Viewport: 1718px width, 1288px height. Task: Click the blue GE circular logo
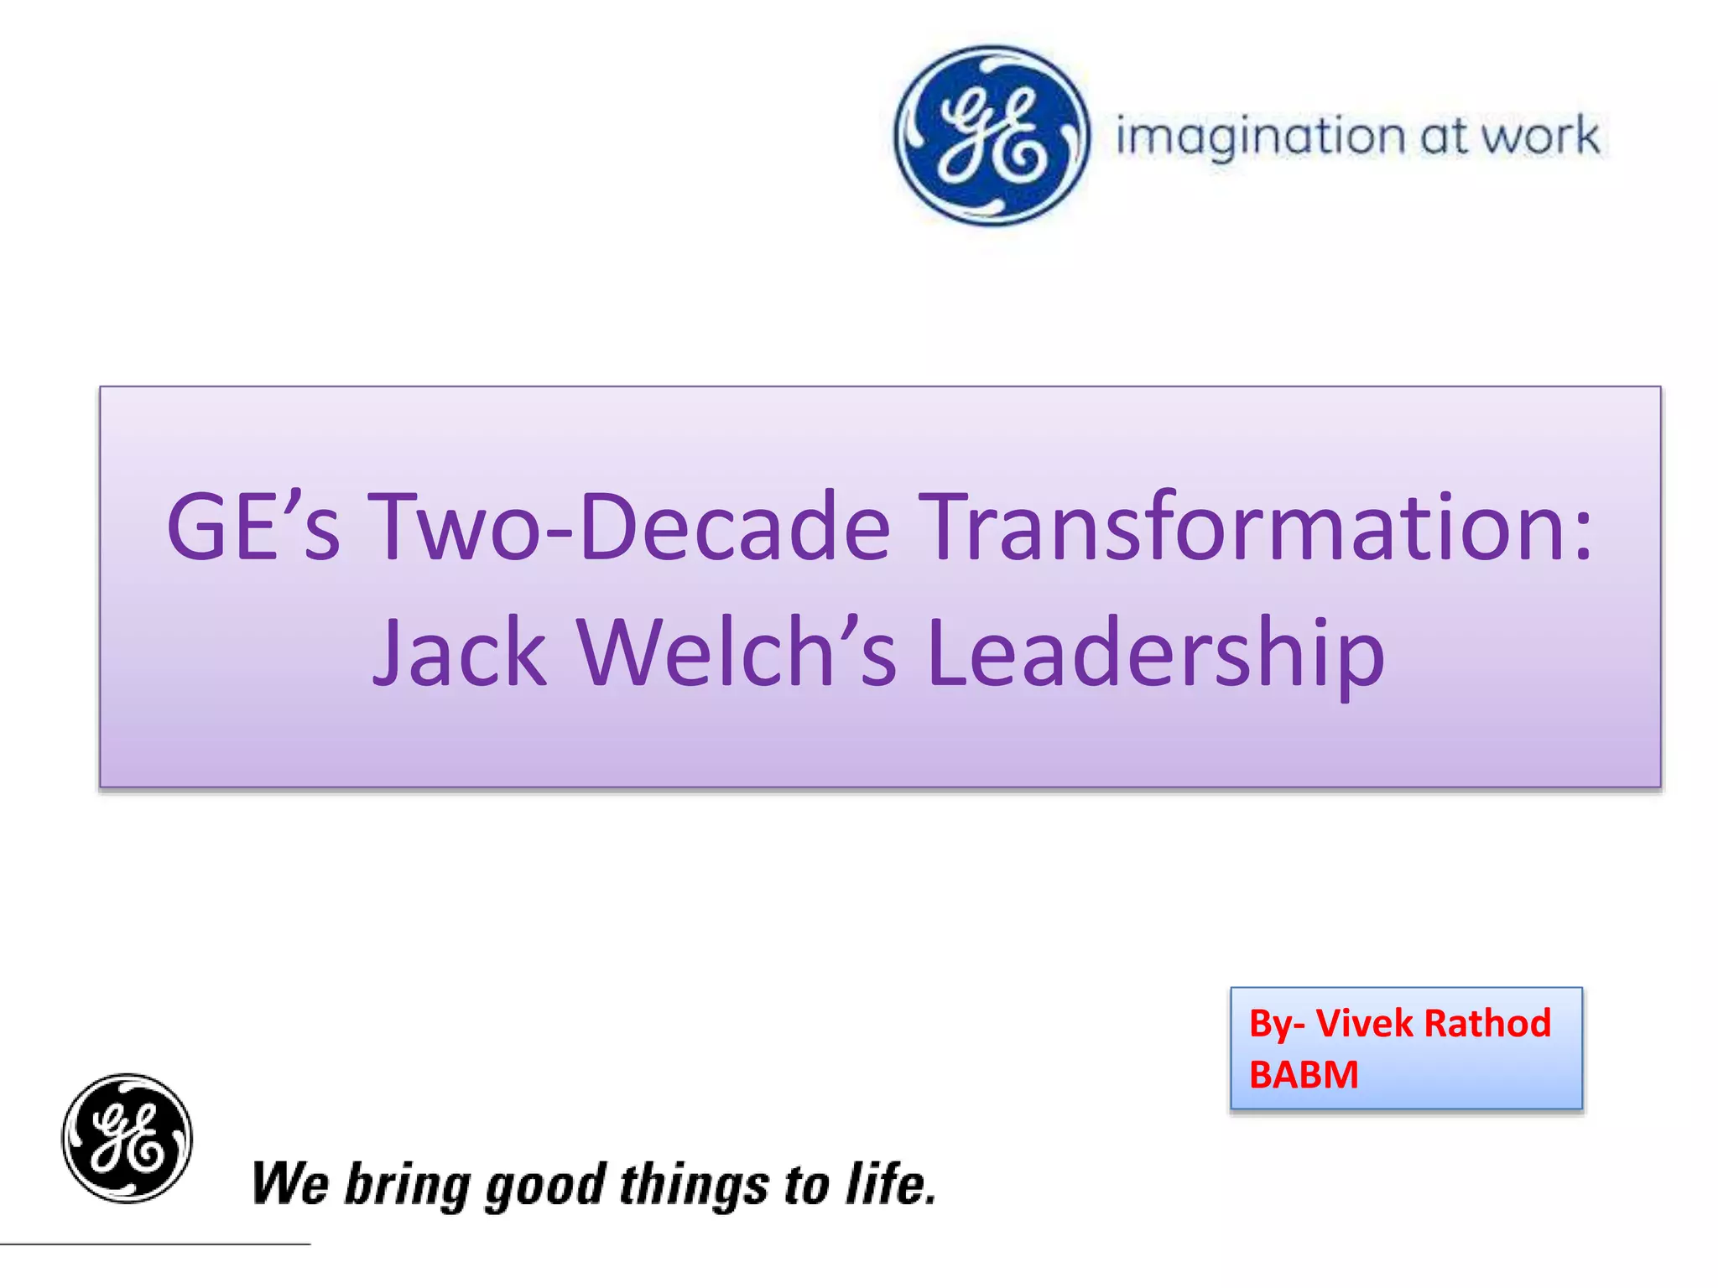tap(992, 136)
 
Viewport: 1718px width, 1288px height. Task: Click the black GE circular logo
tap(128, 1138)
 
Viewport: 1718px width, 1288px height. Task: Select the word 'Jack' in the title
tap(460, 652)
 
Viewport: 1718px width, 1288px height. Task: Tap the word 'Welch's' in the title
tap(737, 652)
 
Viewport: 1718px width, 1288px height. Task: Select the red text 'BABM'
tap(1304, 1074)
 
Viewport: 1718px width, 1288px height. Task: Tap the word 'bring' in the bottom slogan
tap(407, 1186)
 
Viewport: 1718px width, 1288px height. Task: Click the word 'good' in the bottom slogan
tap(545, 1186)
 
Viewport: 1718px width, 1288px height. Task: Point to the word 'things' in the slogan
tap(694, 1186)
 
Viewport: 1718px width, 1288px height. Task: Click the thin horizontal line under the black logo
tap(155, 1244)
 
